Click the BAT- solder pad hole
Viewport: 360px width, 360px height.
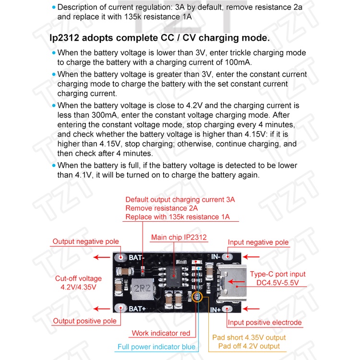[120, 257]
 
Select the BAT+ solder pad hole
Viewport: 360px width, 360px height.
[120, 308]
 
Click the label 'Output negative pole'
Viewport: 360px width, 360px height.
[85, 241]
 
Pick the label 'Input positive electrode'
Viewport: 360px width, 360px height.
[264, 323]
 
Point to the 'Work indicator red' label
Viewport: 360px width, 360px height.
[161, 333]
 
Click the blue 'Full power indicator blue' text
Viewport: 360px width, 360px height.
[157, 347]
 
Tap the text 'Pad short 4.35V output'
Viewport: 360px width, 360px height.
[249, 337]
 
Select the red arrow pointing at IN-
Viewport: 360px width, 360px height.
[251, 257]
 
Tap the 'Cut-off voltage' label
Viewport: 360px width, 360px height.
[78, 278]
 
